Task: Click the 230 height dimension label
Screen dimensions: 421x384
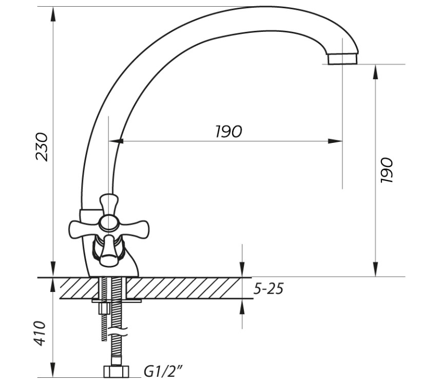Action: [42, 147]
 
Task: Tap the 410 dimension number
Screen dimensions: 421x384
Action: [40, 333]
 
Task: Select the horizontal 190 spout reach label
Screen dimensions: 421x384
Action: [228, 132]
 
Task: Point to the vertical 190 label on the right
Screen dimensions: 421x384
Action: [387, 170]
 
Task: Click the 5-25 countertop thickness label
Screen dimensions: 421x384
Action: [269, 289]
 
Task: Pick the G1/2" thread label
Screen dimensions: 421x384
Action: [163, 372]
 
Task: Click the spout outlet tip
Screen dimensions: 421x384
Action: [342, 59]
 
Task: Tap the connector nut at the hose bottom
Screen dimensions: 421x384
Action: [116, 371]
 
